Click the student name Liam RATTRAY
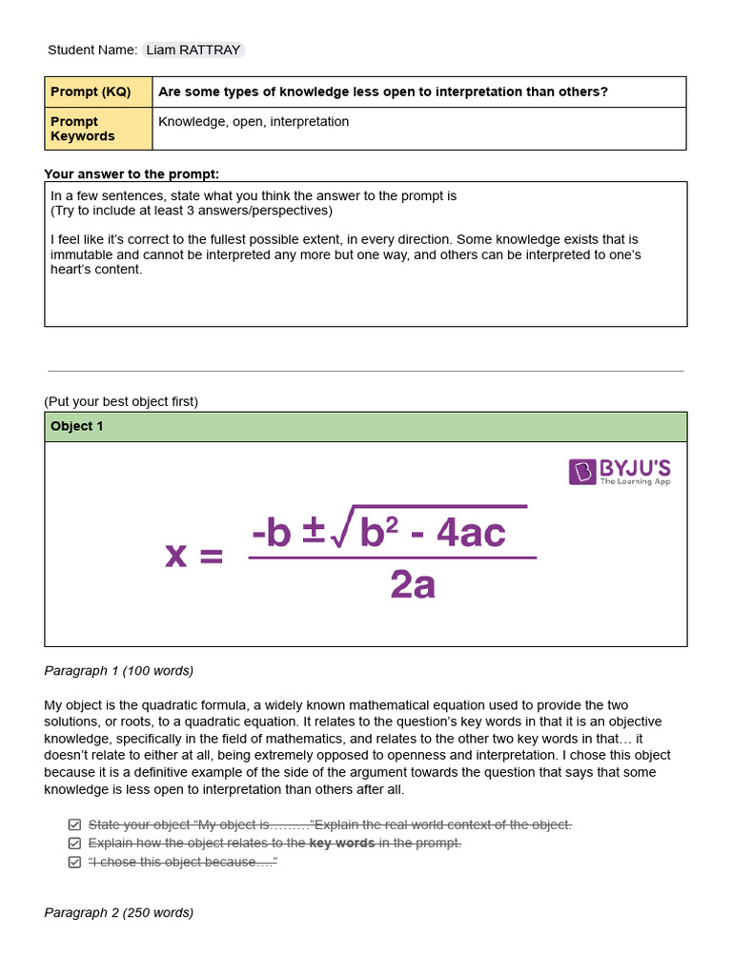193,51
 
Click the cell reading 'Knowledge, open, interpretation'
254,122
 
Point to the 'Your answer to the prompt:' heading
132,173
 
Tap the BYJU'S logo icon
582,472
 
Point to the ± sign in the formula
314,533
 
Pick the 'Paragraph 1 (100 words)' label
119,671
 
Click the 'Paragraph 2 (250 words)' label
119,913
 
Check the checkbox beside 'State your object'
74,824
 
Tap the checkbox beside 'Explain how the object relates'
74,844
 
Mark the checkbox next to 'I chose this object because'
74,863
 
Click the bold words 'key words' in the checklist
342,844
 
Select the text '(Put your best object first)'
121,401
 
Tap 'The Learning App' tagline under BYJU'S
635,482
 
